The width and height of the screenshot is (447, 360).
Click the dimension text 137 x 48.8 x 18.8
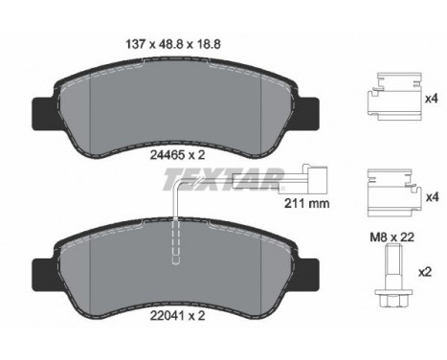(173, 44)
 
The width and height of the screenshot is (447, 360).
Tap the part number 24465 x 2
(178, 155)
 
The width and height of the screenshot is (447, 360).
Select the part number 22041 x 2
(178, 316)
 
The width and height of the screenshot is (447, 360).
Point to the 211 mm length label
(306, 203)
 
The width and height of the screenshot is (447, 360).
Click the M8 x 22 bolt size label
(391, 237)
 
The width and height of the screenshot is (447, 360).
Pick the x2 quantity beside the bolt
(425, 272)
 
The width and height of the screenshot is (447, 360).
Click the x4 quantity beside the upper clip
(432, 99)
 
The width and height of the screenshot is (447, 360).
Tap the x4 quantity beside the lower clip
(433, 197)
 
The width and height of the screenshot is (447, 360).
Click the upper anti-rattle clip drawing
(394, 97)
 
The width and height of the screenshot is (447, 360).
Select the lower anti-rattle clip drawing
(394, 192)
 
